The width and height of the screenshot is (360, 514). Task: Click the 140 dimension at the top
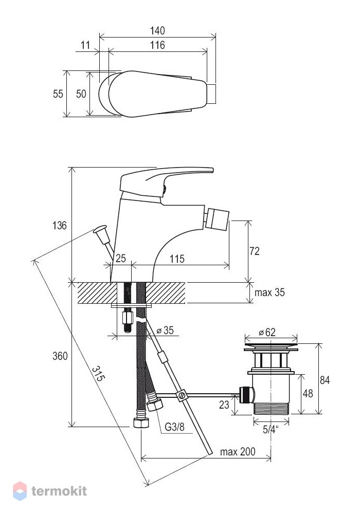[x=157, y=31]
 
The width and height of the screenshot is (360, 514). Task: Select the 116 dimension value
[x=157, y=45]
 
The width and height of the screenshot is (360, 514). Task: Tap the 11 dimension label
[x=85, y=45]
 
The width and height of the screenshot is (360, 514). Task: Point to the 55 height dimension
[x=58, y=94]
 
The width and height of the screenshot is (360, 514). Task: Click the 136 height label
[x=59, y=226]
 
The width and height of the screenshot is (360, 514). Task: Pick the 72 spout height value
[x=255, y=251]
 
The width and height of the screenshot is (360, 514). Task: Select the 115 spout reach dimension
[x=177, y=259]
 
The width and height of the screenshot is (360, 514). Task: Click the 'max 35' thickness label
[x=269, y=292]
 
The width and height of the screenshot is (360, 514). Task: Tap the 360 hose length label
[x=60, y=356]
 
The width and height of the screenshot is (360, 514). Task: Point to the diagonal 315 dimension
[x=98, y=373]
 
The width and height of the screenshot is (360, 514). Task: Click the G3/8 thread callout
[x=174, y=427]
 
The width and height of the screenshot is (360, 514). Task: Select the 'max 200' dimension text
[x=238, y=452]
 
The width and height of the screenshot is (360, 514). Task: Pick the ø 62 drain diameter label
[x=267, y=333]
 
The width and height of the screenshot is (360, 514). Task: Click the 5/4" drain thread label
[x=271, y=429]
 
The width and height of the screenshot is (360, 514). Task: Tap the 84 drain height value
[x=325, y=380]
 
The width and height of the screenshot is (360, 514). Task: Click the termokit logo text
[x=59, y=491]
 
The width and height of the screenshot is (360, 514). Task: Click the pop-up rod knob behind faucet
[x=100, y=229]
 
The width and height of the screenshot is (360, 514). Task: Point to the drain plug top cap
[x=271, y=347]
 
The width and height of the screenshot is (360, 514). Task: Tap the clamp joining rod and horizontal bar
[x=182, y=395]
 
